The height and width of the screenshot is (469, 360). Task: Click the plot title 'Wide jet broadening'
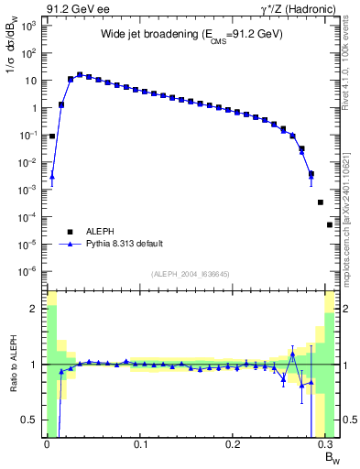pos(191,34)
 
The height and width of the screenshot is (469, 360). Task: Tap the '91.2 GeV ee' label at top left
pos(72,7)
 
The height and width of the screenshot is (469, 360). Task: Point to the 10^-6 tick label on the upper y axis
pos(27,271)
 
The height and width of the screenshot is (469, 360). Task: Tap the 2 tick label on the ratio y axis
pos(34,310)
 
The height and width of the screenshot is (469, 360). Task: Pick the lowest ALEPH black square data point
pos(330,224)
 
